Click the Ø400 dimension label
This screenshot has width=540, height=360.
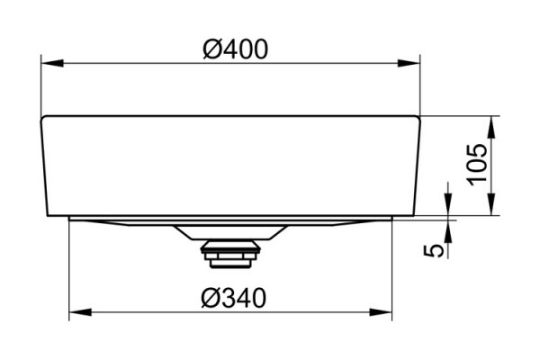pos(235,49)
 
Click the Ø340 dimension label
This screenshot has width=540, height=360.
pos(234,298)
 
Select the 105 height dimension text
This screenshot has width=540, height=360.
pos(478,165)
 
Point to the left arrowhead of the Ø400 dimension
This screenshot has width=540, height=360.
pos(52,63)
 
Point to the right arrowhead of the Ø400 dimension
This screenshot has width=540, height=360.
pos(409,63)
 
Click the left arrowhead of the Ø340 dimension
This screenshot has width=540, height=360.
pos(80,312)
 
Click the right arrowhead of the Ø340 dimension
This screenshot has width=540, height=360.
pos(381,312)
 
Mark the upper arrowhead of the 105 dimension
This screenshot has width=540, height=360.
pos(491,127)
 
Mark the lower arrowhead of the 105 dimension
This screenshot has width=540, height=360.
pos(491,204)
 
